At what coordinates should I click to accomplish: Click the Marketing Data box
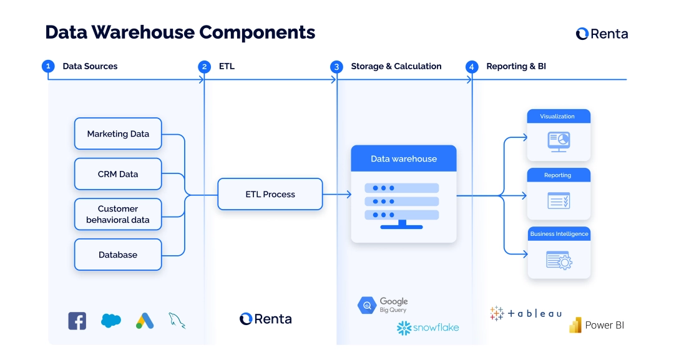[118, 134]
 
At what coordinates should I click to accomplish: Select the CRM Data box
[118, 174]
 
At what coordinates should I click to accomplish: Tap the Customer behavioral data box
[118, 214]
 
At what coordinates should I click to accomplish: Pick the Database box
[118, 255]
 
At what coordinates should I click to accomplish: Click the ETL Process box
[270, 194]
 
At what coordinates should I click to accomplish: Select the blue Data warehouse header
[403, 158]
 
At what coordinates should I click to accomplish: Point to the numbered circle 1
[48, 66]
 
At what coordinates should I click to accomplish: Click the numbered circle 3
[336, 67]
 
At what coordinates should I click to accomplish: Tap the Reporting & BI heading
[515, 66]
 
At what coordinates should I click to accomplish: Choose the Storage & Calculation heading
[396, 66]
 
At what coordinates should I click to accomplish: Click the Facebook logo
[77, 321]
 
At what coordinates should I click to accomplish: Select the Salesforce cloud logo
[111, 321]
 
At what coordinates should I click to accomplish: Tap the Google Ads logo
[145, 321]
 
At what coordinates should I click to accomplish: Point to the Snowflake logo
[427, 328]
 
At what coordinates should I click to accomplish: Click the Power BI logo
[596, 325]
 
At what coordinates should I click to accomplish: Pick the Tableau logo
[525, 313]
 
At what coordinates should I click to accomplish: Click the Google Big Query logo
[383, 305]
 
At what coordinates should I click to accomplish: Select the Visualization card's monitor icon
[558, 141]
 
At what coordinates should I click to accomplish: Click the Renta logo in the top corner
[602, 34]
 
